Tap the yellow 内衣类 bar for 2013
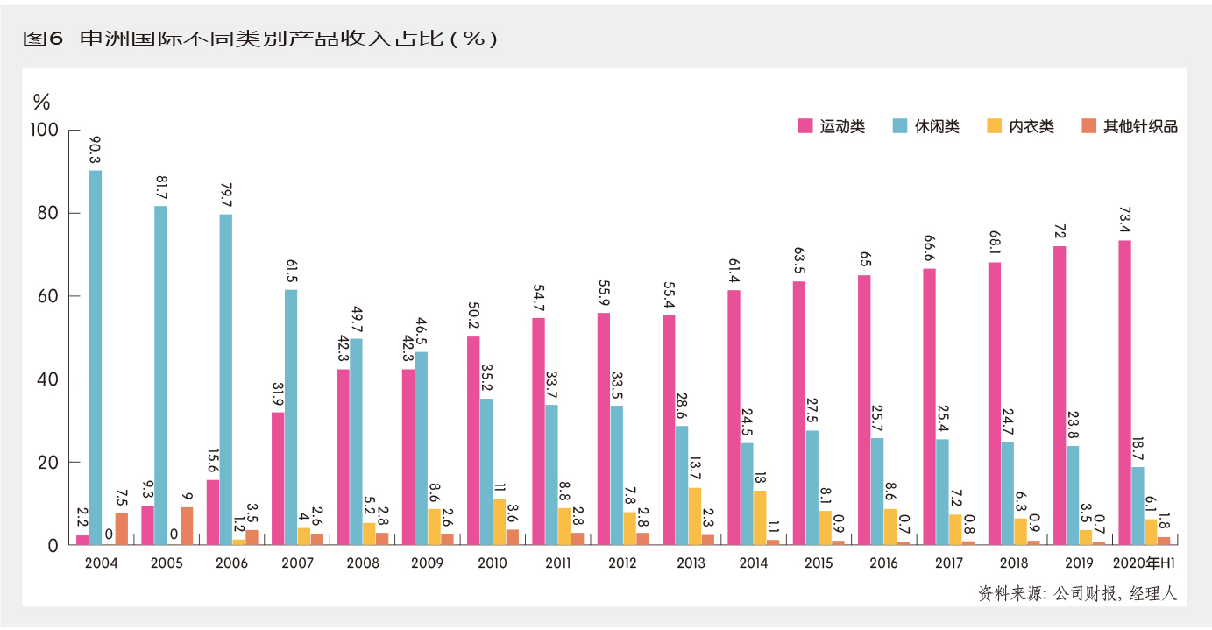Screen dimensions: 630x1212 pyautogui.click(x=694, y=516)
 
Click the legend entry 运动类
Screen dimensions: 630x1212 pyautogui.click(x=832, y=126)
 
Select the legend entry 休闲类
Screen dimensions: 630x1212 pyautogui.click(x=926, y=126)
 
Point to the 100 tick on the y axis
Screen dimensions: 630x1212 pyautogui.click(x=45, y=130)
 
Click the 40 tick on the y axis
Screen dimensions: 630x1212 pyautogui.click(x=48, y=379)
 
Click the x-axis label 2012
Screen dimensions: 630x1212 pyautogui.click(x=623, y=563)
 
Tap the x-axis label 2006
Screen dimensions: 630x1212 pyautogui.click(x=232, y=563)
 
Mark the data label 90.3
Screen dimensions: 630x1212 pyautogui.click(x=96, y=148)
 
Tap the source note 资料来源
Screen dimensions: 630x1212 pyautogui.click(x=1077, y=593)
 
